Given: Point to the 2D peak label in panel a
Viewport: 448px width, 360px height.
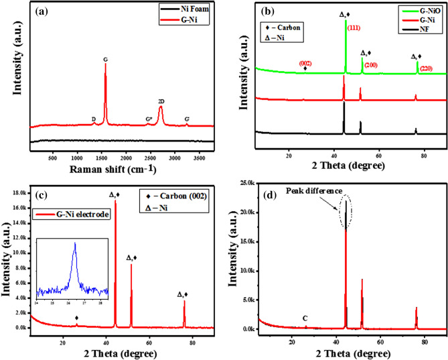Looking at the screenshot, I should (161, 101).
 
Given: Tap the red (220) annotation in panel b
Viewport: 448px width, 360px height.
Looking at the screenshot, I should (426, 68).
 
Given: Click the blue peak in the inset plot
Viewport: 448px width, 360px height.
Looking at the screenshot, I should (75, 245).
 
